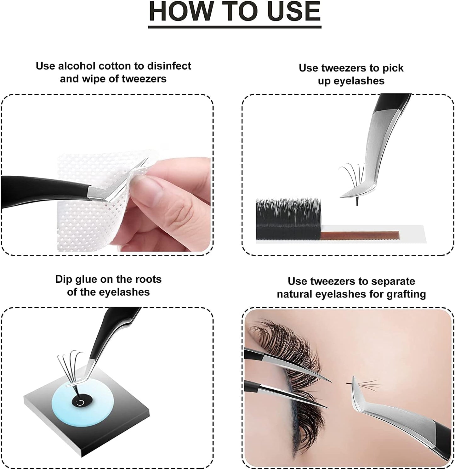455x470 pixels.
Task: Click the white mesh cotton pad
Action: click(82, 220)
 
